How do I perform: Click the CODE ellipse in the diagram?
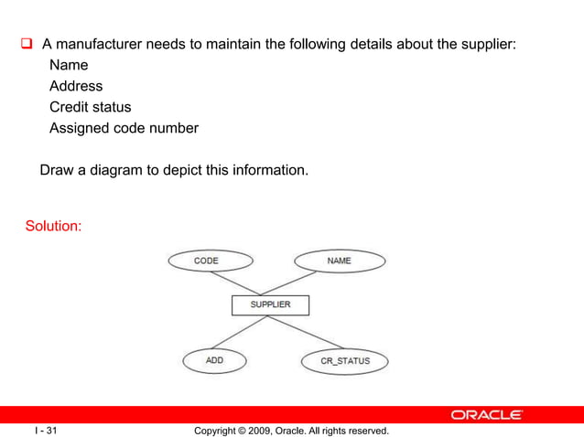click(210, 261)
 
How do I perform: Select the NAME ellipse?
click(339, 261)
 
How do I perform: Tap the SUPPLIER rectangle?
click(270, 304)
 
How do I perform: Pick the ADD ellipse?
click(215, 360)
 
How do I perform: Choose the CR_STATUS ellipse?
click(344, 361)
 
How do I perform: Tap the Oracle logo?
click(486, 415)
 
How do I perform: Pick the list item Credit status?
click(90, 107)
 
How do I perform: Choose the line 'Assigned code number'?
click(124, 128)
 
